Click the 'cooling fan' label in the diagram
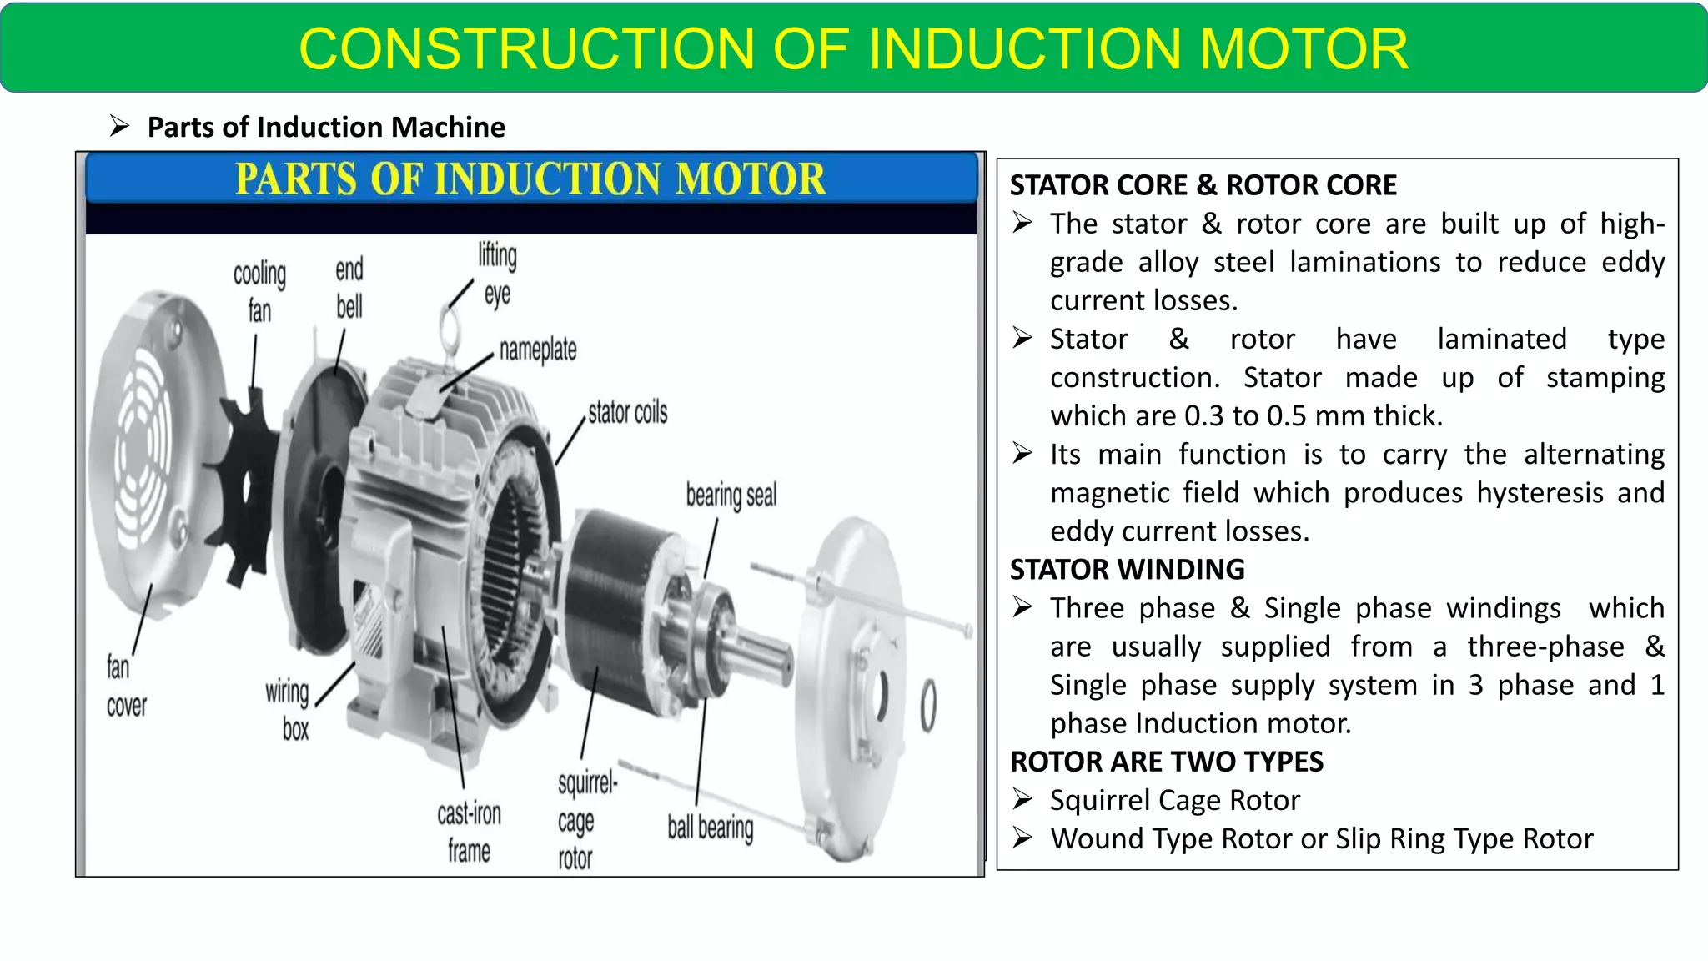tap(259, 292)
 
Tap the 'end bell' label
tap(349, 288)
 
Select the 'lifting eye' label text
tap(497, 274)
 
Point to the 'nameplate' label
tap(538, 350)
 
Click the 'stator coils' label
tap(627, 412)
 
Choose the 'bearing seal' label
tap(731, 495)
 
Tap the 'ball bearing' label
tap(710, 827)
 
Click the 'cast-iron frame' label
tap(469, 832)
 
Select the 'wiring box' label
tap(289, 709)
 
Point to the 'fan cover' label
tap(125, 686)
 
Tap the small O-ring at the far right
tap(927, 706)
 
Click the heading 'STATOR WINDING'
tap(1127, 570)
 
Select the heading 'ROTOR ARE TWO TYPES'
tap(1166, 762)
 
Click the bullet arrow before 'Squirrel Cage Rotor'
tap(1022, 799)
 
